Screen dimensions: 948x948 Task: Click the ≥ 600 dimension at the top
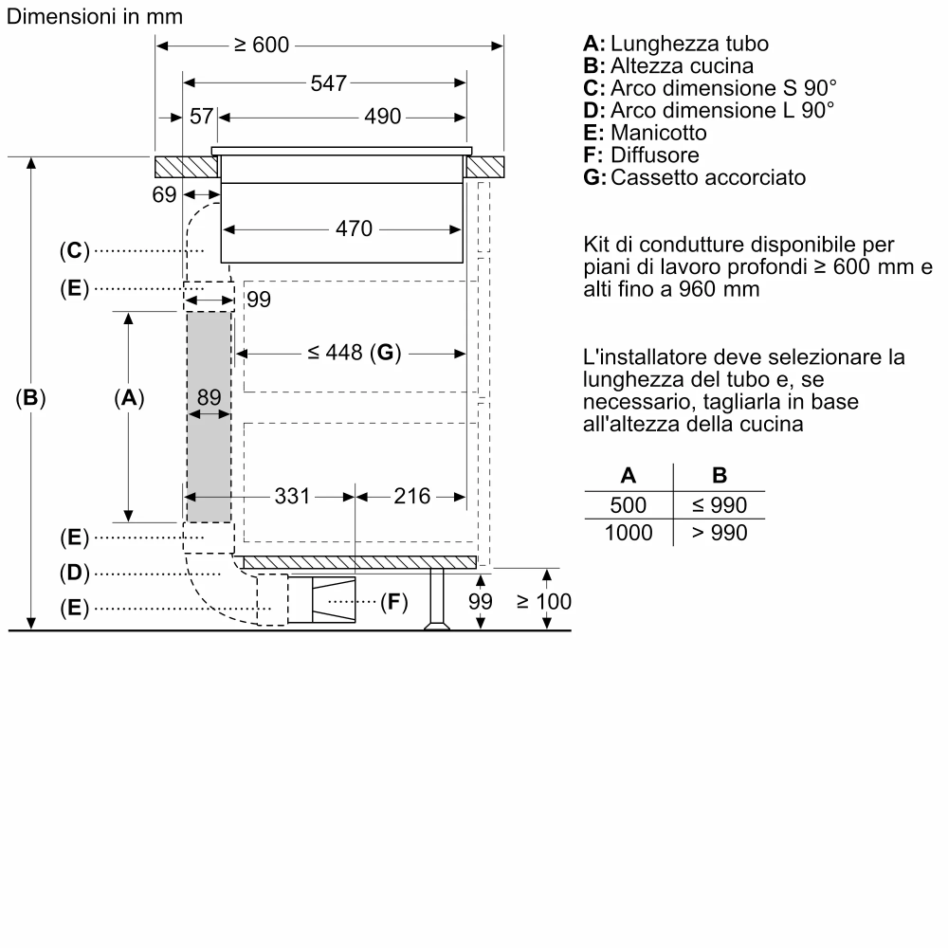(x=261, y=46)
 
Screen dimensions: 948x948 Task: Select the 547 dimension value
(x=328, y=82)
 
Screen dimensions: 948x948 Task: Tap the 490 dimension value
(x=384, y=117)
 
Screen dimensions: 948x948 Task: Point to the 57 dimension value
(x=201, y=117)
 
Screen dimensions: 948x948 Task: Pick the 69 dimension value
(x=164, y=195)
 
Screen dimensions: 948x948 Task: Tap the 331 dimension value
(x=292, y=496)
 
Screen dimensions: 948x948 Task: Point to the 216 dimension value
(x=411, y=496)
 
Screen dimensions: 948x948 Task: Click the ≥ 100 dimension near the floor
(x=543, y=601)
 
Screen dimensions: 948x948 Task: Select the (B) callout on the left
(x=31, y=399)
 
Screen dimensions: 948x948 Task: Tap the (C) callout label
(x=73, y=251)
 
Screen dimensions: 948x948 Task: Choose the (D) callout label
(x=73, y=573)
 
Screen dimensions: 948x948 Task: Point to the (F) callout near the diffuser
(x=393, y=602)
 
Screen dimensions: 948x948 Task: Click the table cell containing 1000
(x=629, y=533)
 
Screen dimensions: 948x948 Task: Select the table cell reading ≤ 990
(x=719, y=505)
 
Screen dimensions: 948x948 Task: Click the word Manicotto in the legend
(x=658, y=133)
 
